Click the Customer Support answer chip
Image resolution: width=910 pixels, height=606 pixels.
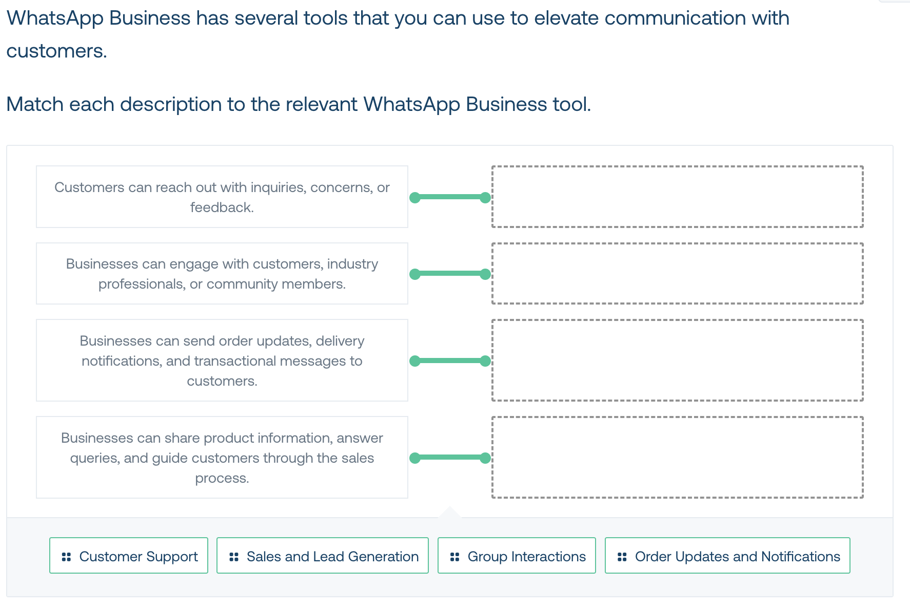click(129, 556)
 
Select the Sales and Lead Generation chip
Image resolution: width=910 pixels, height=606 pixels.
click(323, 556)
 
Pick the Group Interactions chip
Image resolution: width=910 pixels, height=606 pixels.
click(517, 556)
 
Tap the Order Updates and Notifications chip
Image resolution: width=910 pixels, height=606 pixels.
click(727, 556)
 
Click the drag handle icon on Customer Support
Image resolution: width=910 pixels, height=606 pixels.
click(66, 557)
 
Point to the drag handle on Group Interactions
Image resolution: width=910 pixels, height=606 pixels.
click(454, 557)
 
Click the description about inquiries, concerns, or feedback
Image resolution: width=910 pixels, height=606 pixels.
click(222, 197)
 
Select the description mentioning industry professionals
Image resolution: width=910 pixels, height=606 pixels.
click(222, 273)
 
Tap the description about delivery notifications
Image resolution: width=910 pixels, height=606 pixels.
click(222, 361)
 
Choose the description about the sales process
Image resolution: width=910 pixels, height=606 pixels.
click(222, 458)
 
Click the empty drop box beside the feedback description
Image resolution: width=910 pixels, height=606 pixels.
click(678, 197)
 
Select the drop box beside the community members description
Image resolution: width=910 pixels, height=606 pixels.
click(678, 273)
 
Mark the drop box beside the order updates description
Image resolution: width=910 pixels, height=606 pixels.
click(678, 361)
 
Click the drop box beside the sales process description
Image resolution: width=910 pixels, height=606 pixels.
click(678, 458)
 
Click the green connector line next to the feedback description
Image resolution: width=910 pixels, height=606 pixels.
click(450, 197)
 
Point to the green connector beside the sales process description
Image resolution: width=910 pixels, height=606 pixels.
click(450, 458)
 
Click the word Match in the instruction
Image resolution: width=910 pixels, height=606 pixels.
click(35, 104)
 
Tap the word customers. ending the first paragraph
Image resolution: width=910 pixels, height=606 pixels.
click(56, 51)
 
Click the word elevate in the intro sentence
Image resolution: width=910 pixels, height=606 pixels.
click(566, 18)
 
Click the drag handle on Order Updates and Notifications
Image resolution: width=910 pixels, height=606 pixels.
click(622, 557)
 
